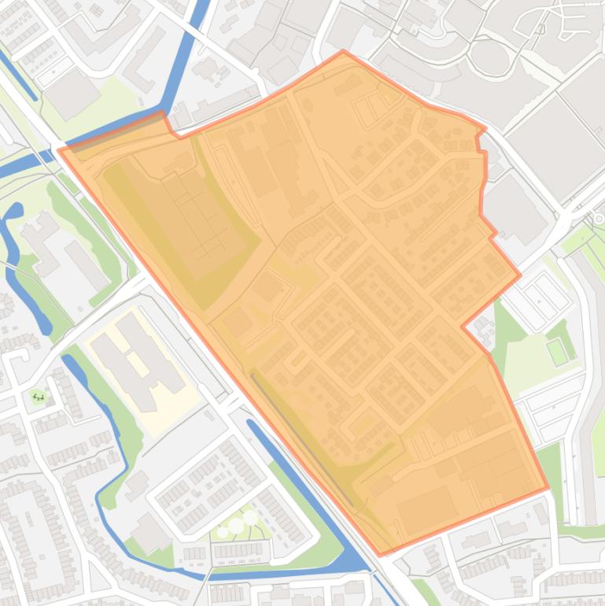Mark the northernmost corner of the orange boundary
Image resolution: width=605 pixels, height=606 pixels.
click(343, 52)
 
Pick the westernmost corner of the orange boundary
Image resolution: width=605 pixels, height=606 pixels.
click(60, 150)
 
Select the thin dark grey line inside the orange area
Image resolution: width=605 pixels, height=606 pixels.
click(303, 429)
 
